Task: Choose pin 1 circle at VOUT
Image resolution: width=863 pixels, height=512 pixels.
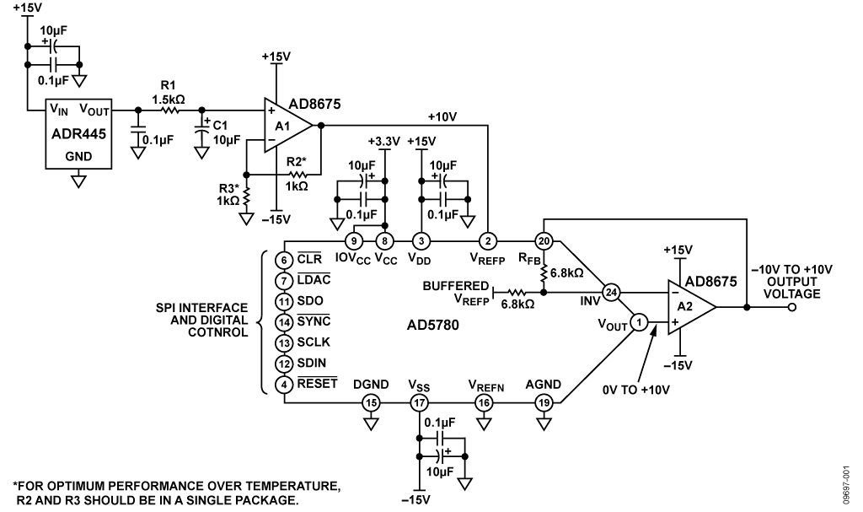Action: coord(640,321)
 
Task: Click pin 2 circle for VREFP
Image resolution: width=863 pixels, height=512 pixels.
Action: coord(487,242)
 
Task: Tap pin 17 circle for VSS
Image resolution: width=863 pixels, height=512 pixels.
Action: coord(420,402)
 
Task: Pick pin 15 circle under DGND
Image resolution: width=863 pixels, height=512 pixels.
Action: coord(371,402)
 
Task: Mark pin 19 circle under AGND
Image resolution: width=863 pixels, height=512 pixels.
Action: coord(543,402)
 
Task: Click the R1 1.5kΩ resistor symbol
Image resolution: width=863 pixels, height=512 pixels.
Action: coord(171,110)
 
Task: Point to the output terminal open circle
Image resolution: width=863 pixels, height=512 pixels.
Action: coord(793,308)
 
